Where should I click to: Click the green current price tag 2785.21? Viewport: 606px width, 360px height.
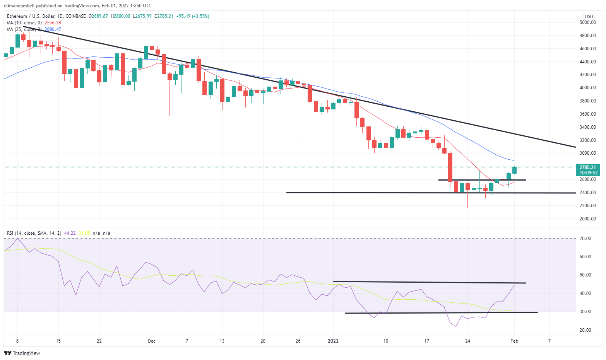pos(588,167)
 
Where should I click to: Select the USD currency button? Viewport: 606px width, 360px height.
pos(589,16)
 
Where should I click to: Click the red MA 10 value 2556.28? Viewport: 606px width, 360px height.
pos(53,23)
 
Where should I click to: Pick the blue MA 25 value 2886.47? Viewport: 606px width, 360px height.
pos(53,29)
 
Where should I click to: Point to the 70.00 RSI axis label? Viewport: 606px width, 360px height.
pos(585,239)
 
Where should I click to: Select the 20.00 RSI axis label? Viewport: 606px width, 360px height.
pos(585,330)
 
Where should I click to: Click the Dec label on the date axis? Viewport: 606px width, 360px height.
pos(152,341)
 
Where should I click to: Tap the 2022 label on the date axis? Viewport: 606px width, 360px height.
pos(333,341)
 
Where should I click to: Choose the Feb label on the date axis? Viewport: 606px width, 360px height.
pos(514,341)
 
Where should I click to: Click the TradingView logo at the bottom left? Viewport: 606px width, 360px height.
pos(22,353)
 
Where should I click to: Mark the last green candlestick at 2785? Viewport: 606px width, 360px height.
pos(515,170)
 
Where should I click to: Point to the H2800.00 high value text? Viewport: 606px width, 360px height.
pos(120,16)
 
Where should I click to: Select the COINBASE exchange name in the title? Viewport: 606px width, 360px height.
pos(76,16)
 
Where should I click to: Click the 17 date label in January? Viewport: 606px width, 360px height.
pos(426,341)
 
